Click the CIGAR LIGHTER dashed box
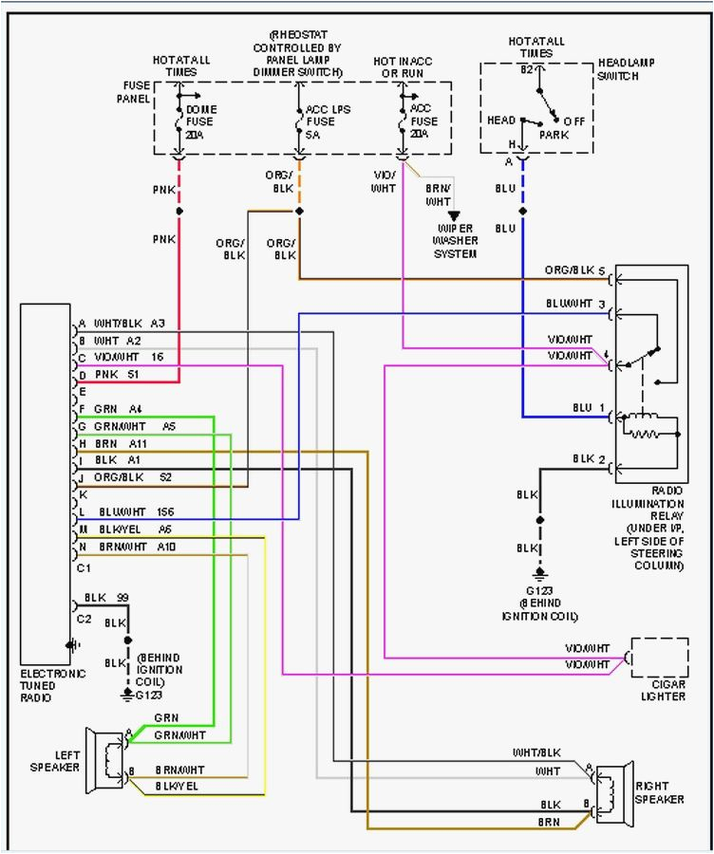(x=659, y=658)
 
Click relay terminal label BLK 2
(x=589, y=459)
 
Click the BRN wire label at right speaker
(x=549, y=821)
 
